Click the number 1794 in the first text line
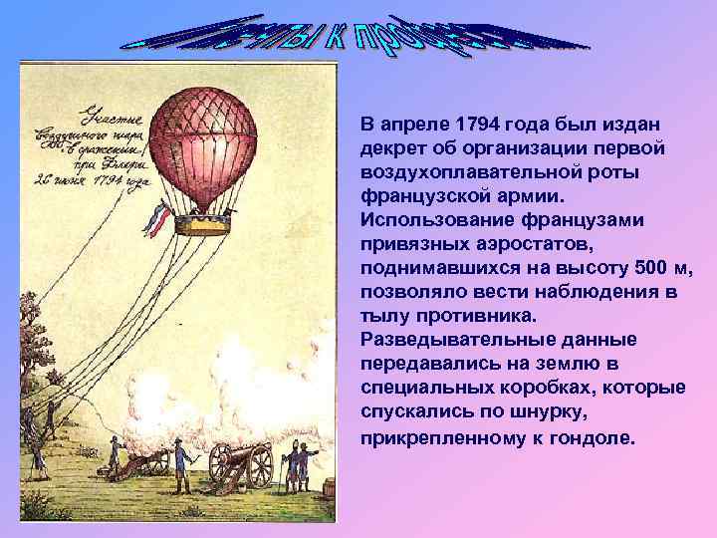(474, 125)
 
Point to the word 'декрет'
(389, 148)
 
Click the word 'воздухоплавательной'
(452, 172)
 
